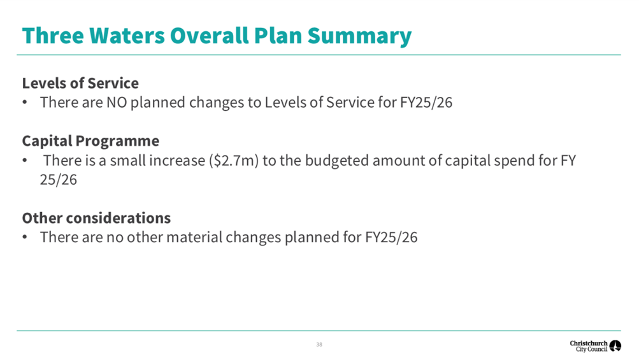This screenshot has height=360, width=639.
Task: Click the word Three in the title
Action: tap(53, 35)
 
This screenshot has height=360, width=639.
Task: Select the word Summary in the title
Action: tap(359, 37)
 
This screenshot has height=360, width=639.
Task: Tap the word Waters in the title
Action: tap(127, 35)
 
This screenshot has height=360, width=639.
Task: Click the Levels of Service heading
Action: tap(80, 83)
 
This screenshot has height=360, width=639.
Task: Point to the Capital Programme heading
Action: tap(90, 141)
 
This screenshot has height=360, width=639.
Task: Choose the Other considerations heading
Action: tap(96, 218)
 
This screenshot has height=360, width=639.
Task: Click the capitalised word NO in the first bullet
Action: tap(116, 103)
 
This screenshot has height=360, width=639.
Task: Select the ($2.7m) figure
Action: tap(234, 161)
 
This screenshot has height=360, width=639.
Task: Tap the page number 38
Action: tap(319, 345)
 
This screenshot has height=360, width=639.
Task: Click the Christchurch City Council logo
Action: tap(596, 346)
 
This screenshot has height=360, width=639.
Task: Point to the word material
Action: tap(194, 237)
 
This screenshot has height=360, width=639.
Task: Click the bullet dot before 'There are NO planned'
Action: tap(25, 103)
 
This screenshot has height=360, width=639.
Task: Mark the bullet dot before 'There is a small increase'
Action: tap(25, 161)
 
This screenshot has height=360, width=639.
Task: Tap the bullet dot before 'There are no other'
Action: tap(25, 237)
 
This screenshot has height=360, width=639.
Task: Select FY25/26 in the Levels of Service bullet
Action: tap(426, 103)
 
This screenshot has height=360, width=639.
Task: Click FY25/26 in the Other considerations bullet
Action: tap(391, 237)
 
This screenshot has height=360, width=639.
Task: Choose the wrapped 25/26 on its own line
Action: tap(58, 180)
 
